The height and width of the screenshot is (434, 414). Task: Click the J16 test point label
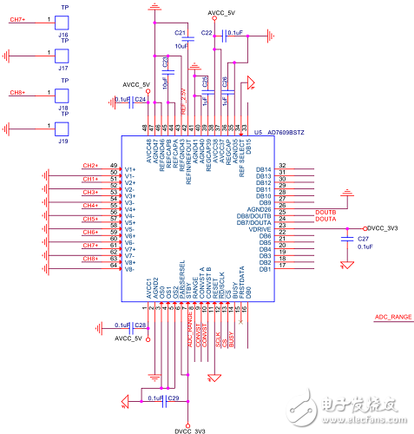[63, 36]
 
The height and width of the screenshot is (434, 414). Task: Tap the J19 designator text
[63, 140]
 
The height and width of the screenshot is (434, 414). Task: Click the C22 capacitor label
[207, 32]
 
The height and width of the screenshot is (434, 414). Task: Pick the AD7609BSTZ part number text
[286, 133]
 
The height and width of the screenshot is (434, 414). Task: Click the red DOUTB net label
[302, 212]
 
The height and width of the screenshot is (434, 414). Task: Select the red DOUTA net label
[302, 220]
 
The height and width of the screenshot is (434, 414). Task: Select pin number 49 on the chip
[114, 166]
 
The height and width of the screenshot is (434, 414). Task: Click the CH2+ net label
[89, 166]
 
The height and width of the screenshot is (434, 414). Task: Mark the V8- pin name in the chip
[130, 269]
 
